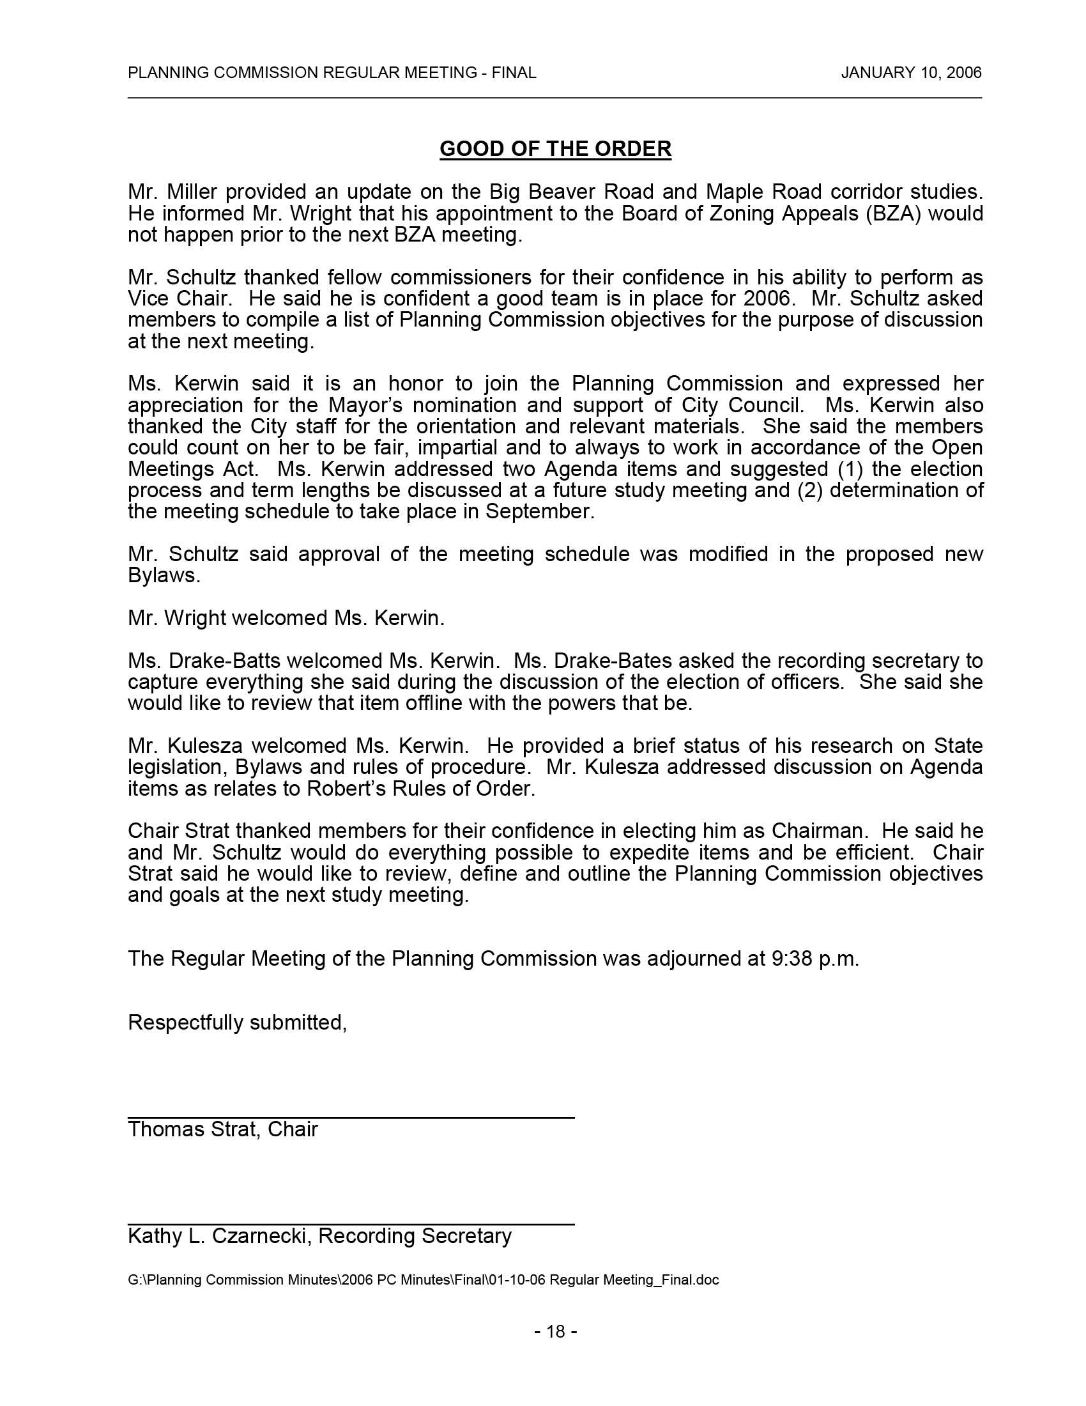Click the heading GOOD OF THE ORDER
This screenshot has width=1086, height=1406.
[555, 149]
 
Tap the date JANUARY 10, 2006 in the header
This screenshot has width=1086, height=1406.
[911, 73]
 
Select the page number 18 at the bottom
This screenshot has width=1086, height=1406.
[555, 1331]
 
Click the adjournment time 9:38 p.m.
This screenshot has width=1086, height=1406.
[815, 959]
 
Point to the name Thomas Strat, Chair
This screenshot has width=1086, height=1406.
[222, 1129]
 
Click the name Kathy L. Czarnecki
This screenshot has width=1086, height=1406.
[217, 1235]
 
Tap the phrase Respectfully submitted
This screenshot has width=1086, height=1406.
[238, 1023]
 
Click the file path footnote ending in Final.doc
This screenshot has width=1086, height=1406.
[424, 1280]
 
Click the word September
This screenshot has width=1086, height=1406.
[538, 512]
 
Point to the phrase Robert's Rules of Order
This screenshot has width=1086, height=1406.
[421, 789]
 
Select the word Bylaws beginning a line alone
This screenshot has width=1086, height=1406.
[164, 576]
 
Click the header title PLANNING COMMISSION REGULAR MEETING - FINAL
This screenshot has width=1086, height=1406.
[332, 73]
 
